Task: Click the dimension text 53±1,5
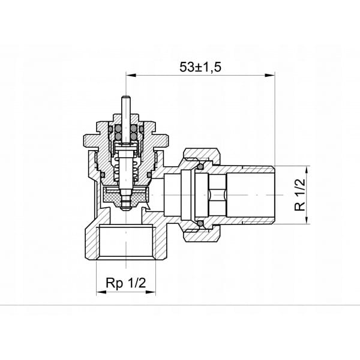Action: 200,67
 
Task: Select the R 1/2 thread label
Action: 300,194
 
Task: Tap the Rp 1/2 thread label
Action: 125,283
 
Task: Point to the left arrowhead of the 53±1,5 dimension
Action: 131,75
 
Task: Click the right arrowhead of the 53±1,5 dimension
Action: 270,75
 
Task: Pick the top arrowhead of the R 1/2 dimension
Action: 307,171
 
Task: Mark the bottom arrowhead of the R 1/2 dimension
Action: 307,219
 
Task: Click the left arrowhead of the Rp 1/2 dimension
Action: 101,292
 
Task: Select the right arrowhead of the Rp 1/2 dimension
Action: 151,292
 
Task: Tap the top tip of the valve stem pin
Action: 126,96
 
